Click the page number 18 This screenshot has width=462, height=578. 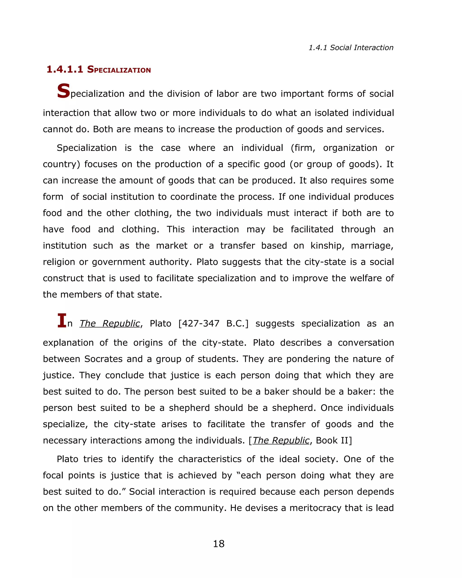pyautogui.click(x=219, y=544)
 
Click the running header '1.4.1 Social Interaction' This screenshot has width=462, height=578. pyautogui.click(x=351, y=48)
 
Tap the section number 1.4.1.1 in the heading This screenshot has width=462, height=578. pyautogui.click(x=65, y=70)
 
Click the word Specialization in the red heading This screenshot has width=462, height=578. pyautogui.click(x=119, y=70)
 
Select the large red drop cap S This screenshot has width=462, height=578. pyautogui.click(x=63, y=91)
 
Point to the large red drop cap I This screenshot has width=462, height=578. pyautogui.click(x=62, y=320)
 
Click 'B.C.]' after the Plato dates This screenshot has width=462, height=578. pyautogui.click(x=237, y=324)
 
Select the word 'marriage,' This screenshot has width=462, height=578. pyautogui.click(x=372, y=246)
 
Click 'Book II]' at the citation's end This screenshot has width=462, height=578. pyautogui.click(x=334, y=440)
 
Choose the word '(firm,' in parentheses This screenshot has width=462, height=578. pyautogui.click(x=303, y=148)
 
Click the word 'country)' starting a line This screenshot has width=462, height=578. pyautogui.click(x=61, y=164)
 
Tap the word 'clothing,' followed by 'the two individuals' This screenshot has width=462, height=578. pyautogui.click(x=153, y=213)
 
